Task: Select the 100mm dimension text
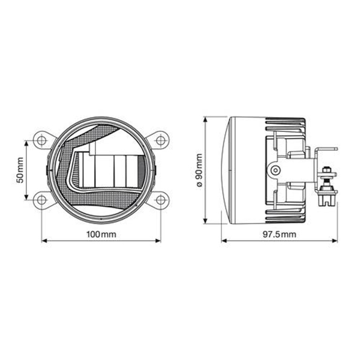coord(101,234)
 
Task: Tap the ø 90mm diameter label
coord(199,170)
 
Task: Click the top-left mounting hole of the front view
coord(41,140)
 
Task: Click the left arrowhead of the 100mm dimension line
coord(44,242)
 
